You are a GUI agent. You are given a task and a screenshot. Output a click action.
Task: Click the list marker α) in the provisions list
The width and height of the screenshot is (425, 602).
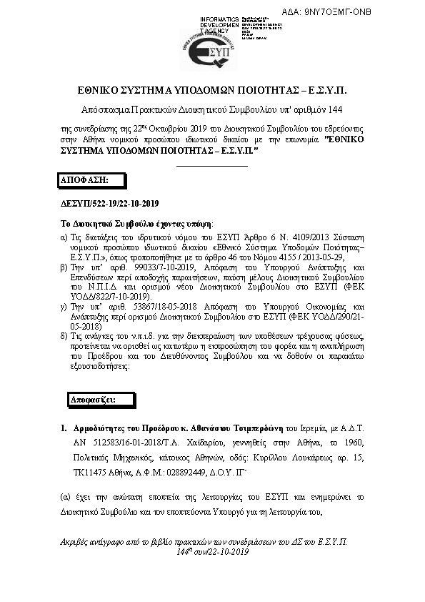pyautogui.click(x=63, y=236)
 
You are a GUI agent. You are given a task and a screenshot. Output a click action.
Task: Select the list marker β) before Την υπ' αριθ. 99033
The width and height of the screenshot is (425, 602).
pyautogui.click(x=63, y=265)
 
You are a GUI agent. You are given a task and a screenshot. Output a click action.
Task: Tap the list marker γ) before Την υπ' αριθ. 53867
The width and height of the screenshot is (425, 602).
pyautogui.click(x=63, y=305)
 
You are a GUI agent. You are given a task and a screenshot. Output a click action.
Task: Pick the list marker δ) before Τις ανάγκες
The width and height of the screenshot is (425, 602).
pyautogui.click(x=63, y=335)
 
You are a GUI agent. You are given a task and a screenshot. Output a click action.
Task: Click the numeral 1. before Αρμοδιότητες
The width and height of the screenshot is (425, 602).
pyautogui.click(x=63, y=430)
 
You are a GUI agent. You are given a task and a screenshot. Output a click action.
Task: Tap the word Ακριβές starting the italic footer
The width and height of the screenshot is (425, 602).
pyautogui.click(x=75, y=543)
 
